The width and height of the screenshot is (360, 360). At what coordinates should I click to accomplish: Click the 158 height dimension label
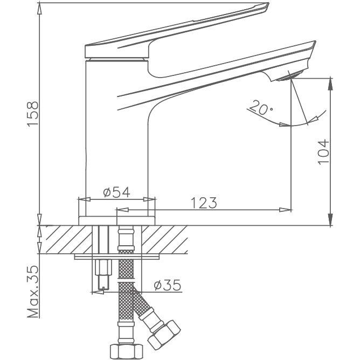tap(32, 114)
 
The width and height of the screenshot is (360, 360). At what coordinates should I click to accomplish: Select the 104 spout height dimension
tap(323, 151)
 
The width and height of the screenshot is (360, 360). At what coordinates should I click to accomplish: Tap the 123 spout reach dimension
tap(204, 203)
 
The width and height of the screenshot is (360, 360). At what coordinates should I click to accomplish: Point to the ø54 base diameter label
tap(116, 192)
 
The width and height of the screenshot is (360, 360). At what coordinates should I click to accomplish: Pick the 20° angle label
tap(261, 107)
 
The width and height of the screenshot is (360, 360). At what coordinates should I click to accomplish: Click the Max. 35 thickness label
tap(32, 292)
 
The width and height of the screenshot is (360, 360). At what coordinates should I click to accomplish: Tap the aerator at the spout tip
tap(290, 77)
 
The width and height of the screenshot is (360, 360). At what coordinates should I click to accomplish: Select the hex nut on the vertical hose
tap(126, 351)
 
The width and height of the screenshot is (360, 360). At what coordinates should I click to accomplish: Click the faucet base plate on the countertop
tap(117, 220)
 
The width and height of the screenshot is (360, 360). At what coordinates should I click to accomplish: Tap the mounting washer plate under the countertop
tap(116, 257)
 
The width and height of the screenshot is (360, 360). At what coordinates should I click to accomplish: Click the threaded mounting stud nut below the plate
tap(103, 267)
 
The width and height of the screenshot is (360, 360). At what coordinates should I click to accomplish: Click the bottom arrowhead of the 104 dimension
tap(330, 220)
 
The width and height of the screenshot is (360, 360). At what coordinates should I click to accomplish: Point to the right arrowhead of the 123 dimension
tap(286, 210)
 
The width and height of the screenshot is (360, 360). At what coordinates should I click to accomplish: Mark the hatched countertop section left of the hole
tap(65, 239)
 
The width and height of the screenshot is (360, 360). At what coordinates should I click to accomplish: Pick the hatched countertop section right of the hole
tap(164, 239)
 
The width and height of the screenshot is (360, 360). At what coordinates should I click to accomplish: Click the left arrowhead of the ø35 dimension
tap(98, 293)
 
